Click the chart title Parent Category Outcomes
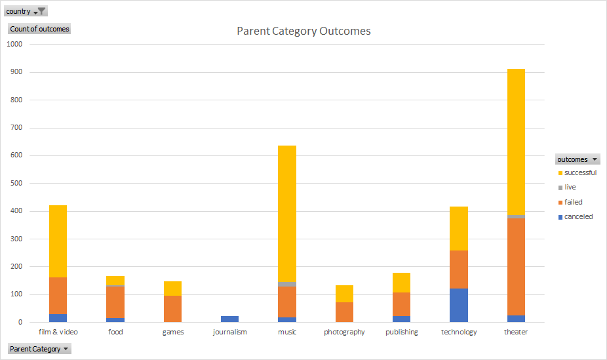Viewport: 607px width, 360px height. (303, 31)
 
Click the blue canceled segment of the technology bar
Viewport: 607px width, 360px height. (459, 305)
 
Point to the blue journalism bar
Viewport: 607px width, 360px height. (230, 319)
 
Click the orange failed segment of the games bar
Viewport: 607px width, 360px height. (173, 308)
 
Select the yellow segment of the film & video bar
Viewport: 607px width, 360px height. (58, 241)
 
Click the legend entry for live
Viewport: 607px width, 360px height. (570, 188)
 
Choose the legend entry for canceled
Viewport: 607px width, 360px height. (578, 216)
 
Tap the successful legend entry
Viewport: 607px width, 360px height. (579, 173)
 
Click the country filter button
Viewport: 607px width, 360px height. (26, 11)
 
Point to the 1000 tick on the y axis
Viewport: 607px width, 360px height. (14, 45)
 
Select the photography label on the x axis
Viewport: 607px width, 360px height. (344, 332)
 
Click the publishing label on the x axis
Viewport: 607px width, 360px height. (401, 332)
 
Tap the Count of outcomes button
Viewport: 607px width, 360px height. (39, 29)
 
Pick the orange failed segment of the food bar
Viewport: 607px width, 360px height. (115, 302)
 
